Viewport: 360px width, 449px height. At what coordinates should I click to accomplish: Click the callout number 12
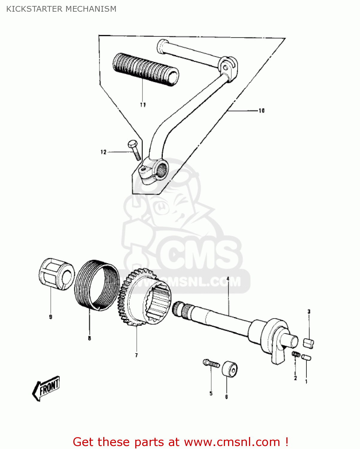[103, 152]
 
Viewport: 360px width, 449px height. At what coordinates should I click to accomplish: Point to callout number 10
[262, 110]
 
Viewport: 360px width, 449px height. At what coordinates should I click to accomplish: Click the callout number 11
[143, 105]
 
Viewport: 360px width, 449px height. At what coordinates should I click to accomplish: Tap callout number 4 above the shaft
[228, 279]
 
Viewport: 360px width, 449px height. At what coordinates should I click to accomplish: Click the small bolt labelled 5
[211, 364]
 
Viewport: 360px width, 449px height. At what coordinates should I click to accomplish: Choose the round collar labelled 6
[230, 369]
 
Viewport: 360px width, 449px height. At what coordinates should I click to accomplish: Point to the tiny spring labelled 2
[296, 354]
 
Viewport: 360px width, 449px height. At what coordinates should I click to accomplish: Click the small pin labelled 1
[306, 357]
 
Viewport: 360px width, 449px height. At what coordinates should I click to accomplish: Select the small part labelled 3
[309, 343]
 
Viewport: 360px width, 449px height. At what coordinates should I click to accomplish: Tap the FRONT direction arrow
[46, 388]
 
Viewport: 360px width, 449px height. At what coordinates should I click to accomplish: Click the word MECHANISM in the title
[91, 9]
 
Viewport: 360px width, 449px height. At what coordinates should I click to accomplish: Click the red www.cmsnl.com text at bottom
[232, 442]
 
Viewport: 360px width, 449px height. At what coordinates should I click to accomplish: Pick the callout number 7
[136, 355]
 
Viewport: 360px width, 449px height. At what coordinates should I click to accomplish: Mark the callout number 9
[51, 317]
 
